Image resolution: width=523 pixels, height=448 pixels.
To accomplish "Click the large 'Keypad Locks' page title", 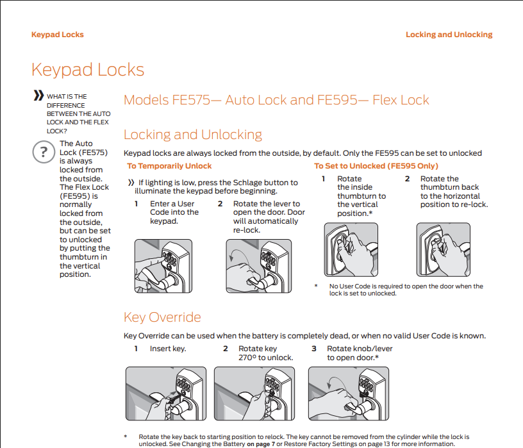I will [88, 70].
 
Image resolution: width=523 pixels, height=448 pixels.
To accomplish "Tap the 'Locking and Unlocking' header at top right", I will [449, 35].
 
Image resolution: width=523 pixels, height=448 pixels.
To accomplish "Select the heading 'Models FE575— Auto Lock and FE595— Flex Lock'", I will [276, 100].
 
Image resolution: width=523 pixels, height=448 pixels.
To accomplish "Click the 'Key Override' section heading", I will [162, 317].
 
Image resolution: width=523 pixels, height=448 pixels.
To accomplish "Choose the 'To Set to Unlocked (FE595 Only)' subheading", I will [376, 166].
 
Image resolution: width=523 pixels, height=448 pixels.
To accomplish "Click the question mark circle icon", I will [43, 153].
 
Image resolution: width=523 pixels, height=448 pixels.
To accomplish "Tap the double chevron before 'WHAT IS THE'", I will [38, 96].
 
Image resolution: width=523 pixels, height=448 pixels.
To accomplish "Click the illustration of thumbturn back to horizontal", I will [443, 249].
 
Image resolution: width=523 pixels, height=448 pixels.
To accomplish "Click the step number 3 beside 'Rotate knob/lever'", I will [313, 349].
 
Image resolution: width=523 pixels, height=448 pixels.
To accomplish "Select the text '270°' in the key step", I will [247, 358].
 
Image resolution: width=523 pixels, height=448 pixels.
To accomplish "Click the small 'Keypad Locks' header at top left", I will [57, 35].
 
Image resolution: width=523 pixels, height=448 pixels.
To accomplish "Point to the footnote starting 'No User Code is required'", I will [406, 290].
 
